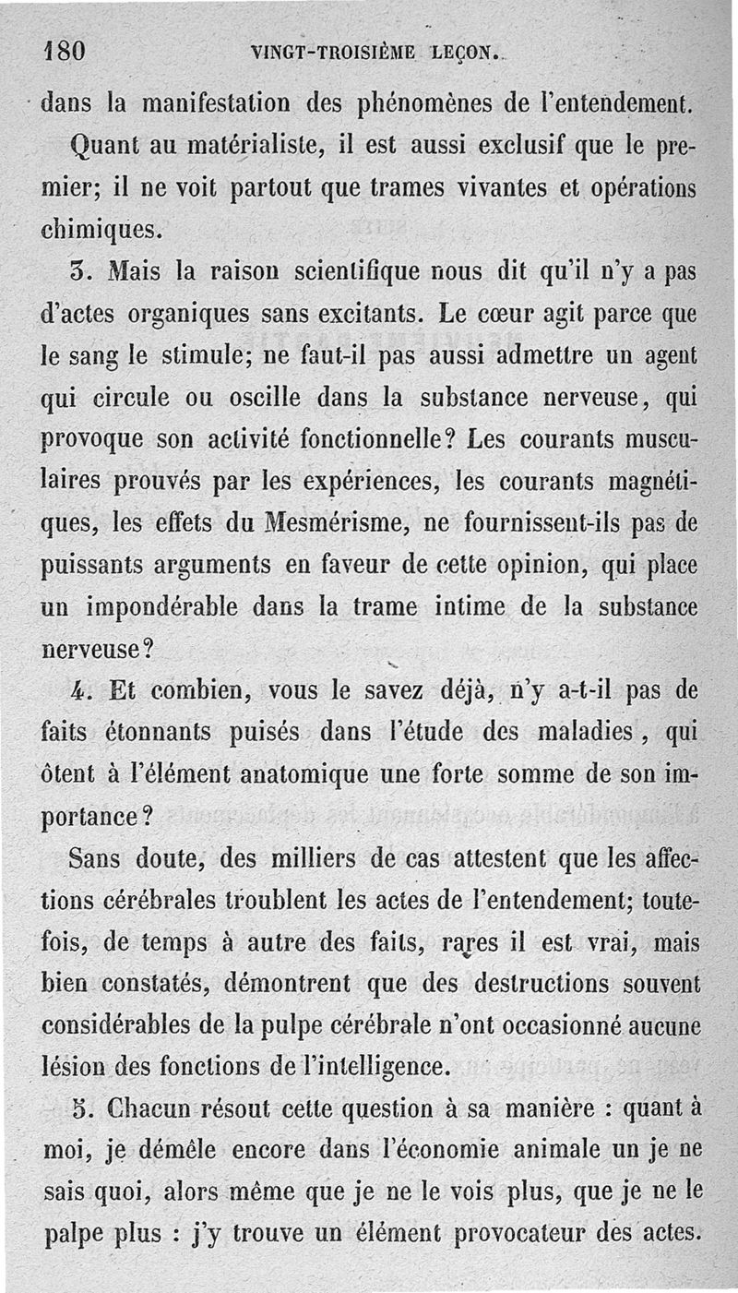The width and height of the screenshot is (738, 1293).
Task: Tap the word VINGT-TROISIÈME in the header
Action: click(329, 52)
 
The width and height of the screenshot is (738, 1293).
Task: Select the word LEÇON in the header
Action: click(461, 52)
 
